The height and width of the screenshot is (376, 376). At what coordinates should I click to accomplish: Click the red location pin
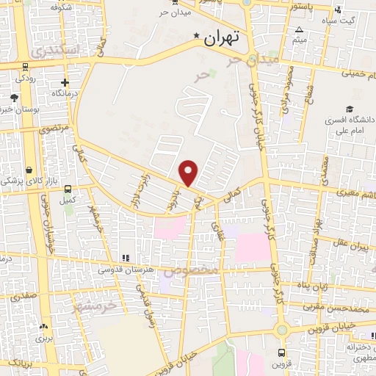point(189,173)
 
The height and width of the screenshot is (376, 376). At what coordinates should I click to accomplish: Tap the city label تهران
point(223,37)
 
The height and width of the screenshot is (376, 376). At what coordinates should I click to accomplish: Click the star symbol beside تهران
point(196,36)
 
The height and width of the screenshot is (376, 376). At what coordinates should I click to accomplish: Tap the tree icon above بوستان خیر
point(14,98)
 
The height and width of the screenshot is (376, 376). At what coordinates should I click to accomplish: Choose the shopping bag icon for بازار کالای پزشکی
point(29,169)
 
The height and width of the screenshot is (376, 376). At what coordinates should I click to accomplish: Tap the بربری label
point(46,339)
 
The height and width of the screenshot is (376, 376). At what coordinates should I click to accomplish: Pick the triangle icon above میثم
point(299,30)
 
